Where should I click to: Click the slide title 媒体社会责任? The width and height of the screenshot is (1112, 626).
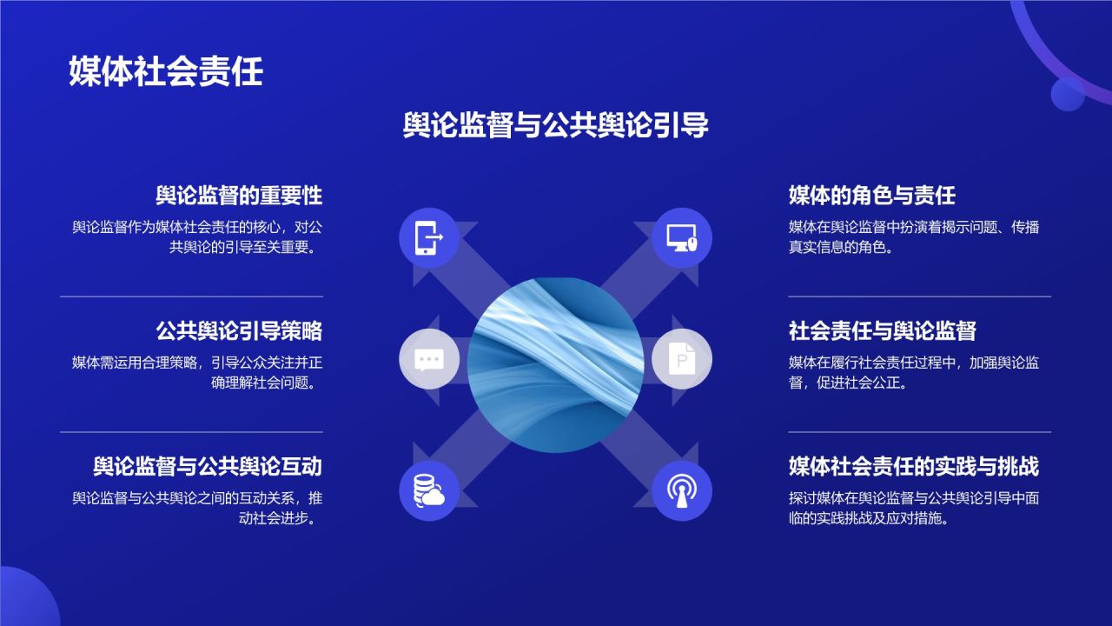pos(165,71)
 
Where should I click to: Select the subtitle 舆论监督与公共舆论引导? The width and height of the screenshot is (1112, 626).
pos(556,125)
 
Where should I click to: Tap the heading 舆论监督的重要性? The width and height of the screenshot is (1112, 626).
pos(239,195)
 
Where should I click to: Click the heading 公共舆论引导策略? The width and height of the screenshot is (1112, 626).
pos(239,330)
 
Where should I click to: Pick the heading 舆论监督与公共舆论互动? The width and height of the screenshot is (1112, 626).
pos(208,466)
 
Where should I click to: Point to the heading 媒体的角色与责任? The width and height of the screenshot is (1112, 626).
pos(871,195)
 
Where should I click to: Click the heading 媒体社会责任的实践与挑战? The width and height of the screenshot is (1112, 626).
pos(913,466)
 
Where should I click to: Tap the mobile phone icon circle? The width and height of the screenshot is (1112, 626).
pos(428,236)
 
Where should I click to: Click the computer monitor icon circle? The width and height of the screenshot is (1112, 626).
pos(682,236)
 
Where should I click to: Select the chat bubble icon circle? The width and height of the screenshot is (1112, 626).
pos(428,359)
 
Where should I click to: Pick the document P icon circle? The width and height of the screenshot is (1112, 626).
pos(682,359)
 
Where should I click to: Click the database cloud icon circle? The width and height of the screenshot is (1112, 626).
pos(428,491)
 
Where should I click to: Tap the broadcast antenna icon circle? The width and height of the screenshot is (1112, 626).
pos(682,491)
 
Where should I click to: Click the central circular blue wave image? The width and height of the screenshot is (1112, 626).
pos(555,364)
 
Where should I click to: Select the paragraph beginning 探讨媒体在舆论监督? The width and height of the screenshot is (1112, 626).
pos(913,508)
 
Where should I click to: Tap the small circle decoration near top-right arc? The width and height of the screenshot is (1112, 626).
pos(1068,94)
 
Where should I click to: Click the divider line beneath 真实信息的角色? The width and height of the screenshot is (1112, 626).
pos(919,296)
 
